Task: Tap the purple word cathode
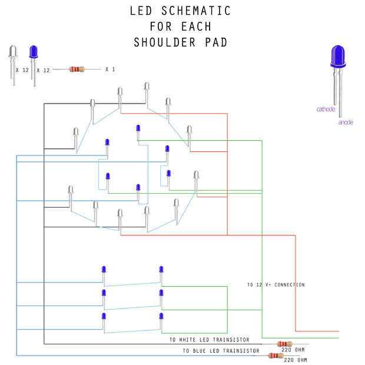326,109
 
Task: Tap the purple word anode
346,122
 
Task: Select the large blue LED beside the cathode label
338,58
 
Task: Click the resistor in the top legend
77,69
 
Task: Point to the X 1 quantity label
110,69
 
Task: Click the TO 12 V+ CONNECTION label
276,285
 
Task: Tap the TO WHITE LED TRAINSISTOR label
209,340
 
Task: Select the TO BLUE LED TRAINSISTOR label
221,351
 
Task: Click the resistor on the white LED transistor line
284,344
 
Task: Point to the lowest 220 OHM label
296,360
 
